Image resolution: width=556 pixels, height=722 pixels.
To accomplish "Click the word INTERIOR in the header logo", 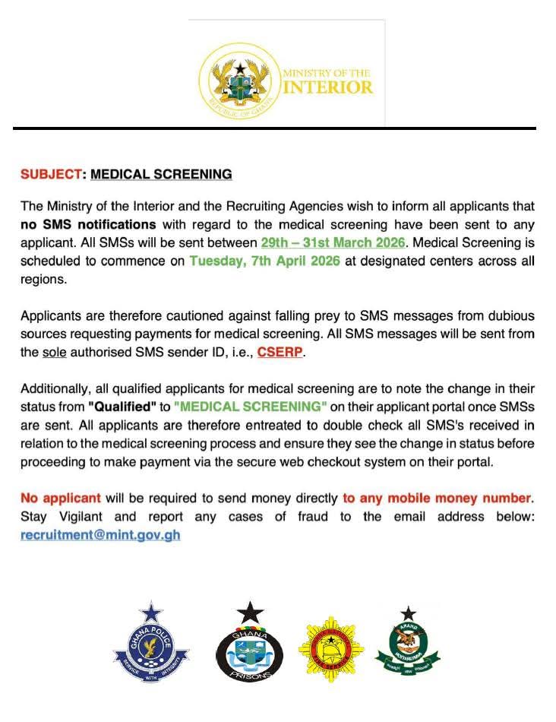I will pyautogui.click(x=327, y=87).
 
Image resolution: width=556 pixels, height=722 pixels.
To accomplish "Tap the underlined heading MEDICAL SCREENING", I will pyautogui.click(x=161, y=174).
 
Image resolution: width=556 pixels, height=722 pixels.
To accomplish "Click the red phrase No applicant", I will pyautogui.click(x=61, y=499).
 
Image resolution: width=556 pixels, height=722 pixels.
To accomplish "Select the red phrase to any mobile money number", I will pyautogui.click(x=438, y=499).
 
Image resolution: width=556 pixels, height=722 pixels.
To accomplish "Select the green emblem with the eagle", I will pyautogui.click(x=408, y=647).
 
